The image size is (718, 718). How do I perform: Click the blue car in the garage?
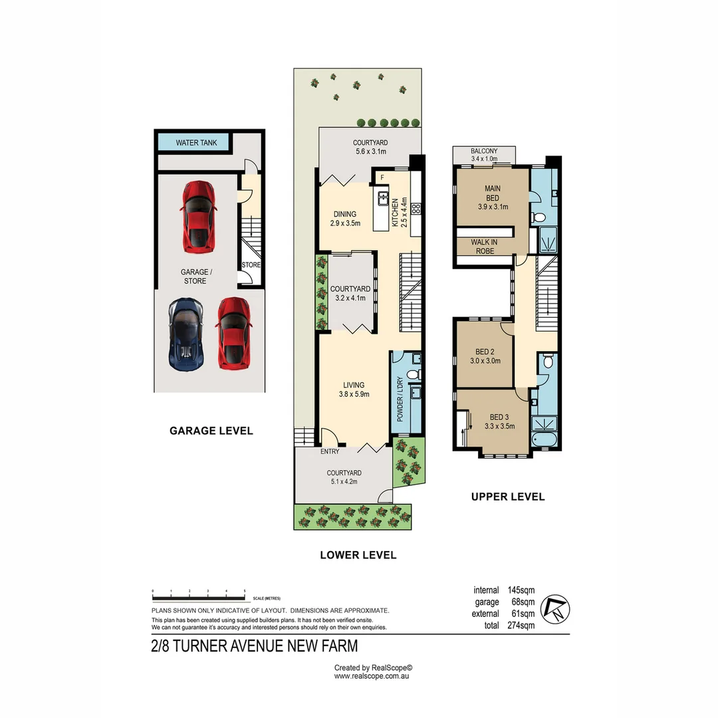point(185,334)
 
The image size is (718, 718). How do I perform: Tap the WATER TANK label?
point(196,143)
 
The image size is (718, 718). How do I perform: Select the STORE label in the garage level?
point(251,265)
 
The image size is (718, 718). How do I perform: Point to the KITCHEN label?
point(395,213)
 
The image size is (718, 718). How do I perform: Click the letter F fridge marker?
point(382,178)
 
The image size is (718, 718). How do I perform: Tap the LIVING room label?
point(353,385)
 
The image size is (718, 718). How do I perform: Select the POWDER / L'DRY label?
point(400,400)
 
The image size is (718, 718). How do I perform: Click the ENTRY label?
point(330,451)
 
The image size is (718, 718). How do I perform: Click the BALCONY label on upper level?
point(483,151)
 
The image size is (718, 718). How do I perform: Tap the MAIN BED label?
point(493,193)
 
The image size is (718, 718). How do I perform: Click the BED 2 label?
point(484,352)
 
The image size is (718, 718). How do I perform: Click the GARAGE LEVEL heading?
point(211,431)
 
